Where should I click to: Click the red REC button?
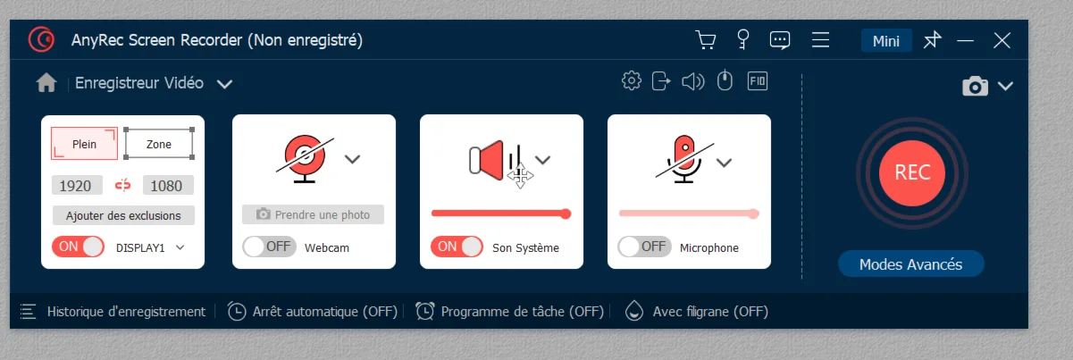pyautogui.click(x=912, y=172)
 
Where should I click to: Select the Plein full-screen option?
pyautogui.click(x=84, y=144)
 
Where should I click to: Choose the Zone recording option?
pyautogui.click(x=159, y=144)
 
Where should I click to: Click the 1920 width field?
pyautogui.click(x=77, y=185)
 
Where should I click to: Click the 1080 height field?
pyautogui.click(x=168, y=185)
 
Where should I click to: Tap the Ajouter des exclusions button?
pyautogui.click(x=123, y=215)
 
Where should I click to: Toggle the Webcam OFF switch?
pyautogui.click(x=269, y=247)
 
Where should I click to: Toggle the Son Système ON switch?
pyautogui.click(x=457, y=247)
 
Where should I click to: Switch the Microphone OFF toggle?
pyautogui.click(x=644, y=247)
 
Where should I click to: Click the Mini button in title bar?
pyautogui.click(x=886, y=41)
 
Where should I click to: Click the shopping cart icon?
pyautogui.click(x=706, y=40)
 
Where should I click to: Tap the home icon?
pyautogui.click(x=46, y=83)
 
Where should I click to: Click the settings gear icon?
pyautogui.click(x=632, y=81)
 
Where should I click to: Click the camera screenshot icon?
pyautogui.click(x=976, y=86)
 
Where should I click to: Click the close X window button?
pyautogui.click(x=1002, y=41)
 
